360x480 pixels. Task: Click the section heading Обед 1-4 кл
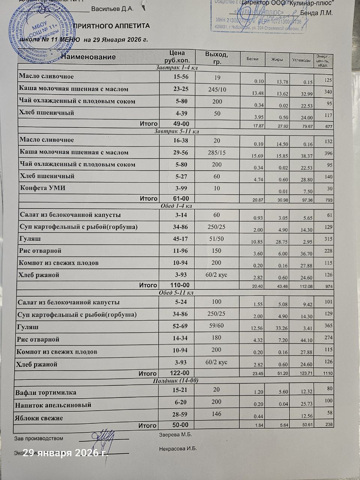(176, 206)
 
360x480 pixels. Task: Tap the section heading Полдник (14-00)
(176, 380)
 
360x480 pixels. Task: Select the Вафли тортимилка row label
(46, 393)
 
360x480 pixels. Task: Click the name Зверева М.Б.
(176, 435)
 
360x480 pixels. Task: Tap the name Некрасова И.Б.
(178, 448)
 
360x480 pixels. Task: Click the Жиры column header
(277, 59)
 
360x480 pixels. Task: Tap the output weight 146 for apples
(216, 414)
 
